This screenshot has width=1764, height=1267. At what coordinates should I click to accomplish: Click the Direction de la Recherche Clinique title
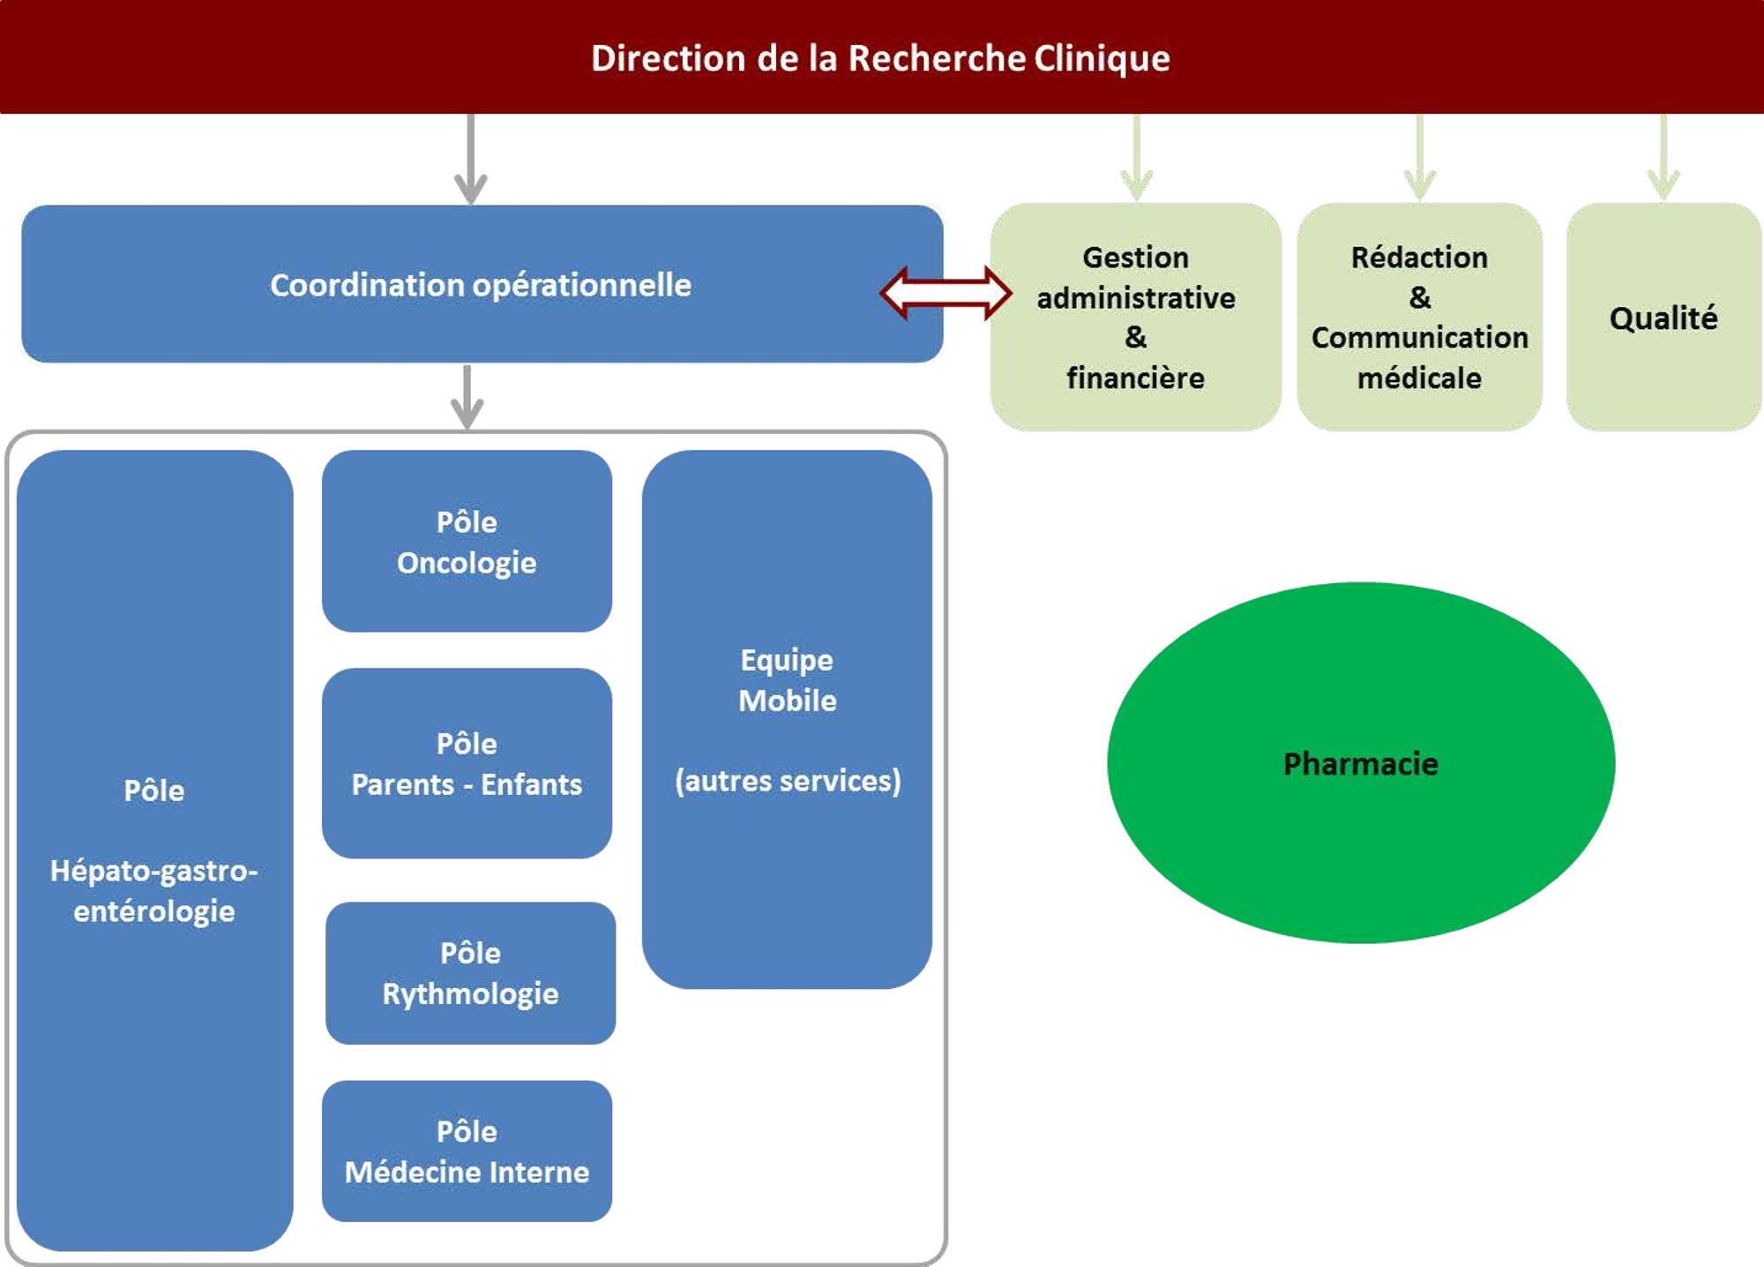point(880,58)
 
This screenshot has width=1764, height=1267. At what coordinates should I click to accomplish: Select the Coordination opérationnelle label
point(481,285)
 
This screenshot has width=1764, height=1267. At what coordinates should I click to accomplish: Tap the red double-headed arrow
point(946,292)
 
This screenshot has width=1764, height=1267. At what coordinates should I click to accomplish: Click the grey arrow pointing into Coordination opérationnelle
point(471,159)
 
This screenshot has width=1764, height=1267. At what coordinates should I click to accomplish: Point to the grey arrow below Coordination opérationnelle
point(467,397)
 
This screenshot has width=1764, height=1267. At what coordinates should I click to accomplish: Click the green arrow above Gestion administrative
point(1136,159)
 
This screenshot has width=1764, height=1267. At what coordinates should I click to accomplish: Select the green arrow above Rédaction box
point(1419,159)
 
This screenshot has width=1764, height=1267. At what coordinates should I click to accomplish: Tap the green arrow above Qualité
point(1663,159)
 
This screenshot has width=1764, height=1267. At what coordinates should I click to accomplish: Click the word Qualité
point(1663,319)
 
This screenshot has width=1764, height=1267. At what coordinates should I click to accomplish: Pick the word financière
point(1135,378)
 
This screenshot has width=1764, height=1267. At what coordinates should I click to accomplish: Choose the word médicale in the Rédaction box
point(1419,378)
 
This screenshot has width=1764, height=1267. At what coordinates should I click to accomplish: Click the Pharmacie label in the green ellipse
point(1360,763)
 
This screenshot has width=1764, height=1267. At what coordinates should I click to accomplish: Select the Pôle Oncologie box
point(467,542)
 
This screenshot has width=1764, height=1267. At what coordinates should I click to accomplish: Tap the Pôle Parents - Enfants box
point(467,763)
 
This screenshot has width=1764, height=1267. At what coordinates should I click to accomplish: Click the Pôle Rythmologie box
point(470,973)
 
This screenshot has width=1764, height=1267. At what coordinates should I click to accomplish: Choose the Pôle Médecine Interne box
point(467,1151)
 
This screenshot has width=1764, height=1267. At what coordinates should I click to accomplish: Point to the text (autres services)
point(788,781)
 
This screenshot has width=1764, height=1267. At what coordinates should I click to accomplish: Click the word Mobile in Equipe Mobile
point(788,701)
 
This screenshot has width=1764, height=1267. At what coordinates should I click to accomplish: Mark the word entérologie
point(154,911)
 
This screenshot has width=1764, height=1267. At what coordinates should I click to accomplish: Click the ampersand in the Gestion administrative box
point(1135,337)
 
